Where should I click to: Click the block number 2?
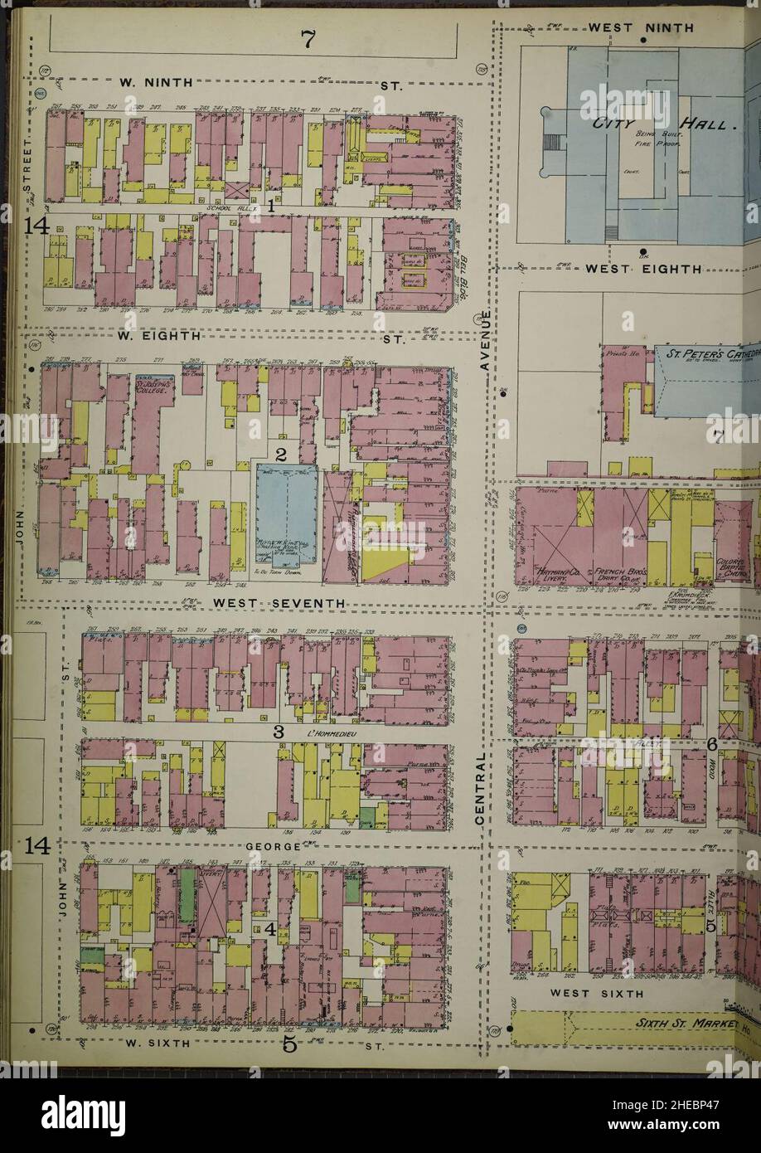click(x=281, y=455)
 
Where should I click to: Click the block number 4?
click(x=269, y=929)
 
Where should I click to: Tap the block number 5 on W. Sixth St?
click(x=288, y=1044)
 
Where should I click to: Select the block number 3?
click(x=279, y=732)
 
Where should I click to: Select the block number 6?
click(x=711, y=744)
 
